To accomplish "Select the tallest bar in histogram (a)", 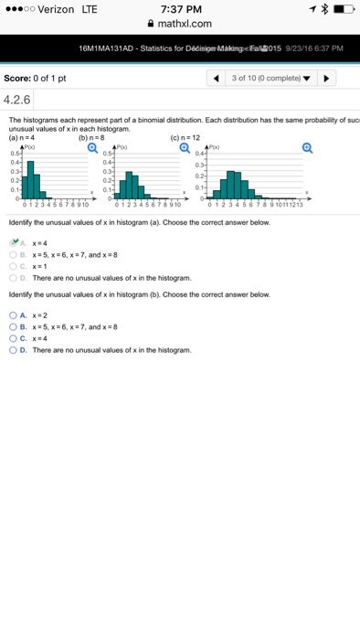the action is [30, 179].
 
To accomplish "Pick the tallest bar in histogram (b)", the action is [130, 185].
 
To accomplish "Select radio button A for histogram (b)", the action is [13, 315].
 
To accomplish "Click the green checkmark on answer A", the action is [15, 242].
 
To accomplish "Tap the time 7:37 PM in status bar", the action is [179, 9].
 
